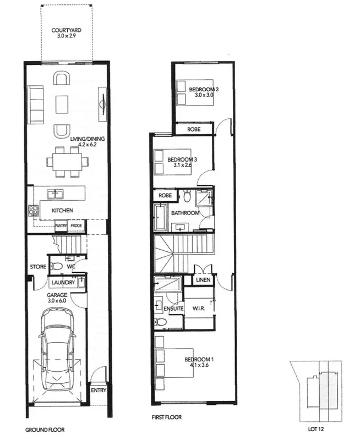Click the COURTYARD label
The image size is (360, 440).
[67, 31]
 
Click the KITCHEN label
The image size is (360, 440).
[62, 211]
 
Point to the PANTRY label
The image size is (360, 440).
[61, 226]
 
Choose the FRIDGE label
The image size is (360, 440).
[77, 226]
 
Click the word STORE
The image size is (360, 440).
[38, 267]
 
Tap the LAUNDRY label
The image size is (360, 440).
[62, 283]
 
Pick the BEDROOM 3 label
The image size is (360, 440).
[182, 159]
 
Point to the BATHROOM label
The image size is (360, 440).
[185, 212]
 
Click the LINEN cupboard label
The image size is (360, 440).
[202, 280]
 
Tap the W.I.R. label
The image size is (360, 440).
[198, 309]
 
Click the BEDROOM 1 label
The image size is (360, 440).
[199, 360]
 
